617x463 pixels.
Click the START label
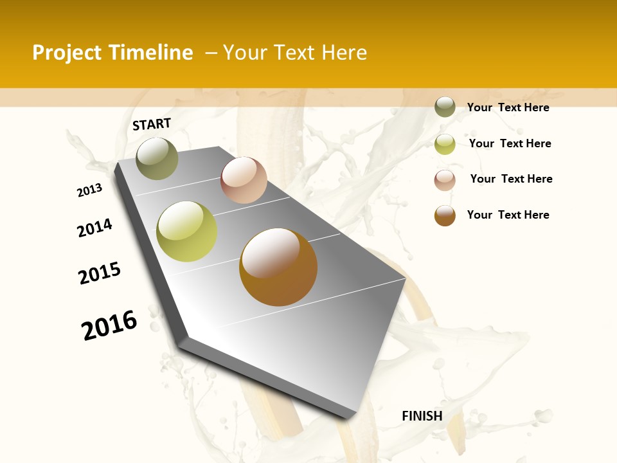click(152, 124)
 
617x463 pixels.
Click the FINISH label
click(422, 416)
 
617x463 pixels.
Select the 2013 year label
click(90, 190)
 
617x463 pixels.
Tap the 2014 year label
click(95, 228)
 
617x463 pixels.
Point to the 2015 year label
click(100, 273)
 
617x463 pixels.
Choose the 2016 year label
click(109, 325)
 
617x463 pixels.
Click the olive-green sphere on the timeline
click(157, 158)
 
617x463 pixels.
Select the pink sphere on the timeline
click(244, 180)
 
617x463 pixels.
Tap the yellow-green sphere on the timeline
click(187, 232)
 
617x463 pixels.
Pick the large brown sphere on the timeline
click(278, 267)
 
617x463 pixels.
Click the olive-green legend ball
click(445, 107)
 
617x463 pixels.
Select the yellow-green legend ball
click(445, 144)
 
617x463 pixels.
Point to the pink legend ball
click(445, 180)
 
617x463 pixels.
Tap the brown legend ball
click(445, 215)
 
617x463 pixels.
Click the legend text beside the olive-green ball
click(508, 107)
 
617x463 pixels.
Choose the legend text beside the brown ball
click(508, 215)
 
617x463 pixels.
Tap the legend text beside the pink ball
click(511, 179)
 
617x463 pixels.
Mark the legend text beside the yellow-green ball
click(510, 143)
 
